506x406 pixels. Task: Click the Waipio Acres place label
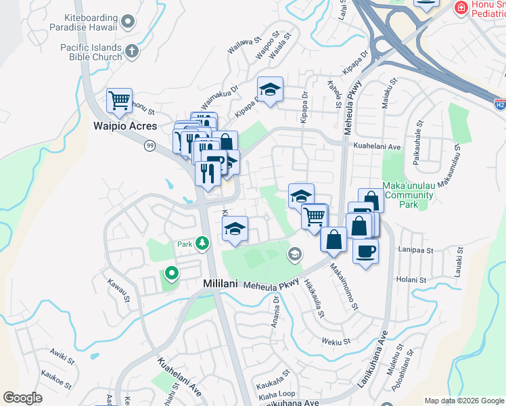pos(124,126)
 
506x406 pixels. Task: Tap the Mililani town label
pos(221,284)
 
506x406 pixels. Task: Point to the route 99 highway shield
pos(149,145)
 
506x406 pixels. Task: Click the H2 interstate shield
pos(499,105)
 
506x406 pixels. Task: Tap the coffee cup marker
pos(365,251)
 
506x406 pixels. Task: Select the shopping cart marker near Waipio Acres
pos(120,101)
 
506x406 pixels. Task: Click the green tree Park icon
pos(202,243)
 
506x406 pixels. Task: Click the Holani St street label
pos(412,279)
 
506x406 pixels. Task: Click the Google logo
pos(23,398)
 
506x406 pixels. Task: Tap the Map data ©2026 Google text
pos(464,401)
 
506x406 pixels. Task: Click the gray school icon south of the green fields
pos(294,254)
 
